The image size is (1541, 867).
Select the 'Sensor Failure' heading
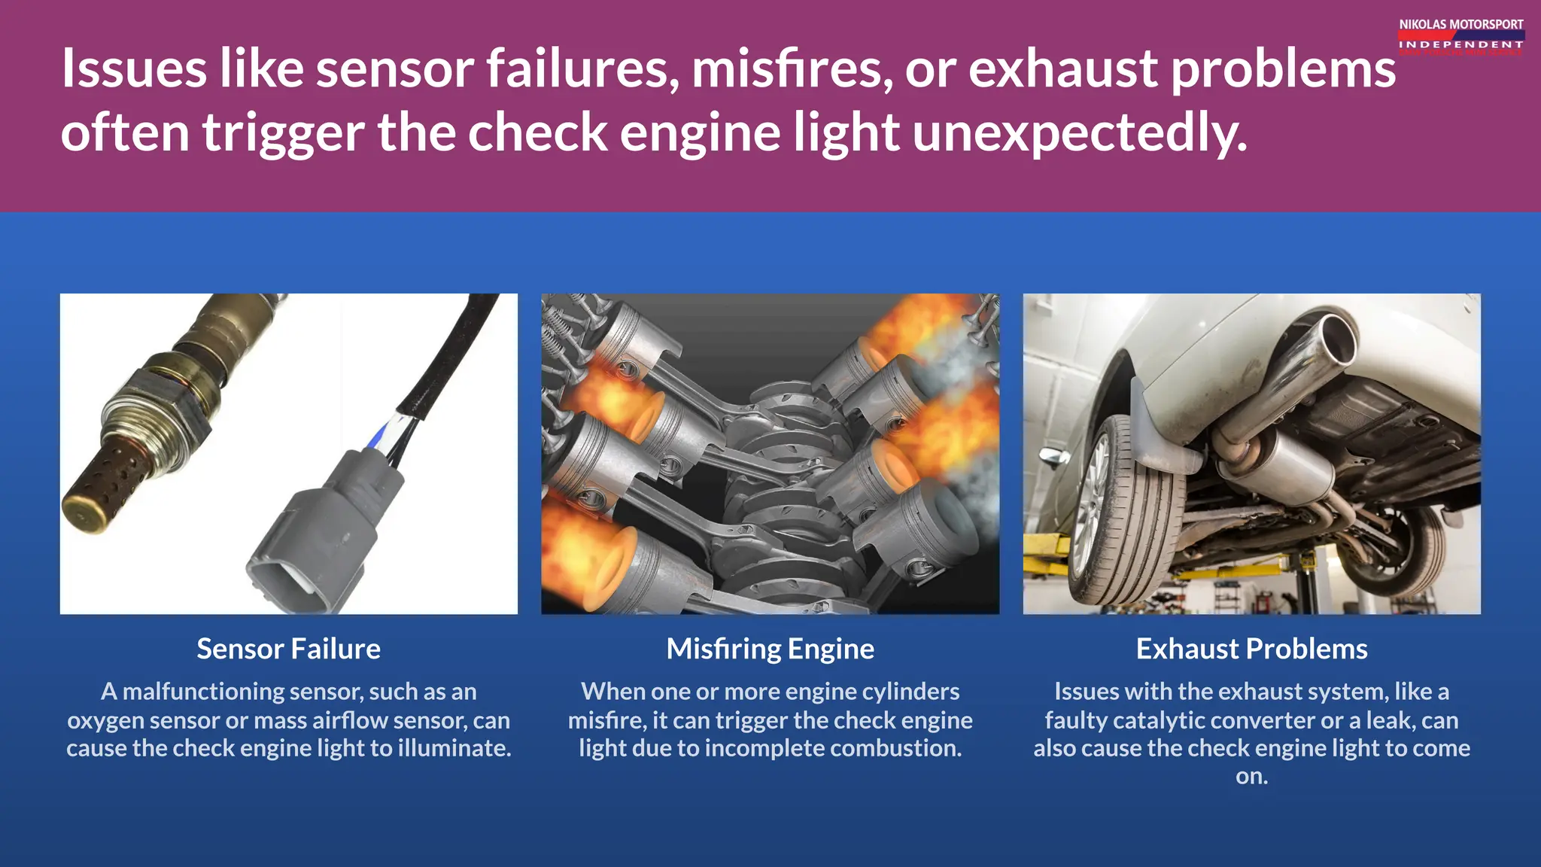(x=288, y=649)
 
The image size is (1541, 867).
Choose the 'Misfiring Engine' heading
(x=770, y=649)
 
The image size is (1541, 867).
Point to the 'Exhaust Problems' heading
(x=1251, y=649)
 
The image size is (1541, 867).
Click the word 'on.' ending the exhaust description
(x=1251, y=776)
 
